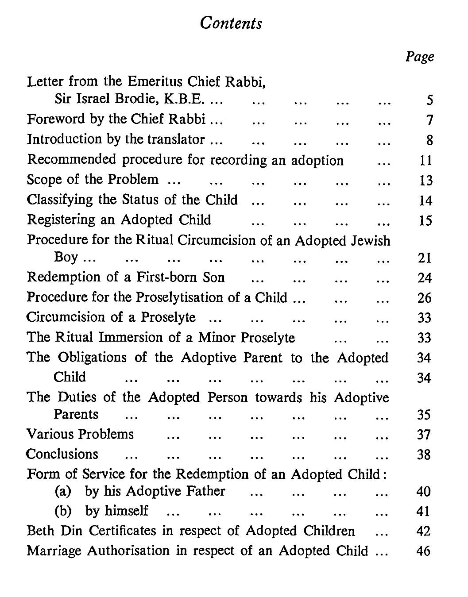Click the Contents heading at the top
point(231,23)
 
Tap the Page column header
point(420,57)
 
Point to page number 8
point(429,140)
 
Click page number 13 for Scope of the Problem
point(425,180)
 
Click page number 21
point(425,258)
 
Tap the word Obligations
point(93,357)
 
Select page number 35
point(424,415)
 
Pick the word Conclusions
point(62,454)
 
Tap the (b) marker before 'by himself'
point(63,511)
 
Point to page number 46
point(424,551)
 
